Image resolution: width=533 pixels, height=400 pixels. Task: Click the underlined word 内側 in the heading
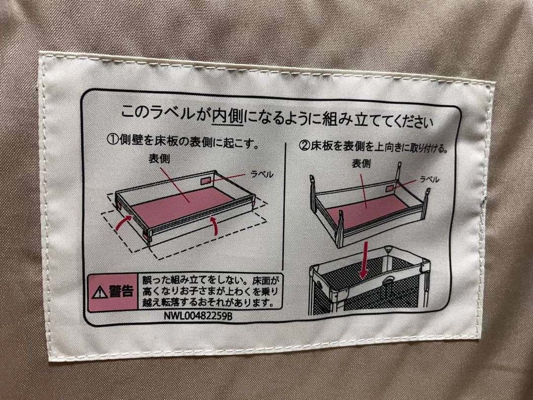point(226,117)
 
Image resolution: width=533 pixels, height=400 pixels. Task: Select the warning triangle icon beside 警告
point(100,292)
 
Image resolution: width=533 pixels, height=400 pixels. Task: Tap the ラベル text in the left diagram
point(262,175)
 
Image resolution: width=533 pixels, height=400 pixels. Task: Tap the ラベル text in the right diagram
point(429,180)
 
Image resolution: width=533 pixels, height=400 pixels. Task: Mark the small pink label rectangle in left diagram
point(206,181)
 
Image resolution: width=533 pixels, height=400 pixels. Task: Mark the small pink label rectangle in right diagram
point(390,189)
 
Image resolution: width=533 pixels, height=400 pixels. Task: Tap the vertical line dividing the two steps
point(285,207)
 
